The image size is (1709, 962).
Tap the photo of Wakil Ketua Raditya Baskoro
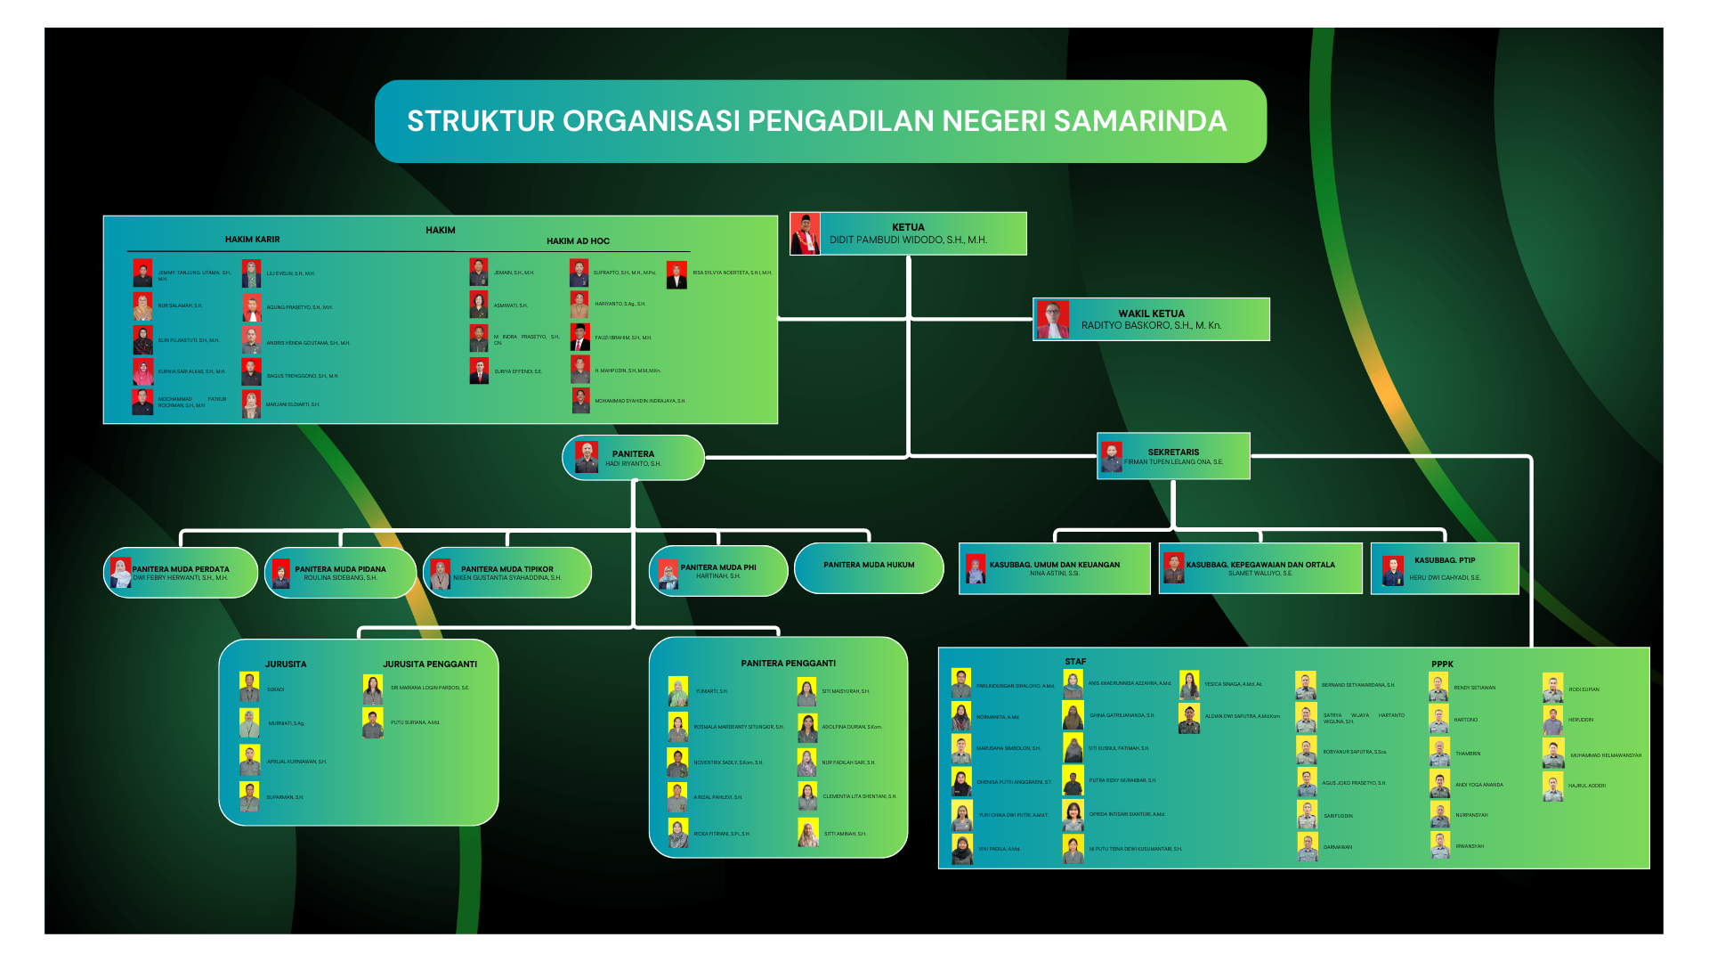click(x=1052, y=320)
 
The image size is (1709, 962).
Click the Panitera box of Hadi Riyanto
click(x=633, y=458)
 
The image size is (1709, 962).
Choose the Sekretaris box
click(x=1173, y=456)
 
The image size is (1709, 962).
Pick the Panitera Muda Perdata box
click(x=181, y=573)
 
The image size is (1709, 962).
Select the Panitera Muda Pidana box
click(x=340, y=573)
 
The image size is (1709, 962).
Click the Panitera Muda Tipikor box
click(x=507, y=573)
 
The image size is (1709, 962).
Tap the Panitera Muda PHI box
click(x=718, y=571)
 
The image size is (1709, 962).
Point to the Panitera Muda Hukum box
click(x=869, y=567)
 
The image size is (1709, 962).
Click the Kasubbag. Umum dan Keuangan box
click(x=1055, y=568)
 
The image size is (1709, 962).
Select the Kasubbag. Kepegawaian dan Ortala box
click(x=1260, y=568)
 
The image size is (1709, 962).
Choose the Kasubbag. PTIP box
click(x=1445, y=568)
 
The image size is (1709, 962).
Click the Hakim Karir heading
click(x=252, y=240)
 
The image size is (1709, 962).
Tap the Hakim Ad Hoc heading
click(x=578, y=241)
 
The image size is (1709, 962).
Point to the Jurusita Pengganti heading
click(x=430, y=664)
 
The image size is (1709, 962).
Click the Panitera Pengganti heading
click(x=788, y=664)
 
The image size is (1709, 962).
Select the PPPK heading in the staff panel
click(x=1442, y=664)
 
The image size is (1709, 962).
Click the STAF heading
click(x=1075, y=662)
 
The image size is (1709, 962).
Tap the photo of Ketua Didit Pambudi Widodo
click(x=805, y=234)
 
